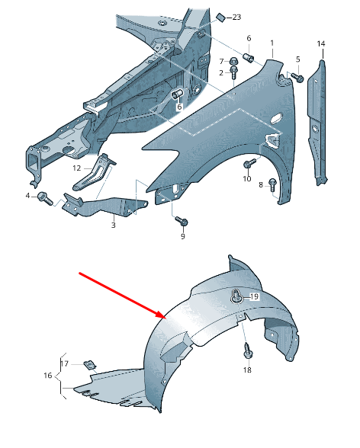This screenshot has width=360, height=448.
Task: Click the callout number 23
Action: click(x=236, y=17)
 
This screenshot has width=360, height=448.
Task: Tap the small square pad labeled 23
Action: click(x=220, y=17)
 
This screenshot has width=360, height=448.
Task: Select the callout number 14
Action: click(x=321, y=43)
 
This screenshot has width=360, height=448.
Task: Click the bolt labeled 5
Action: click(x=297, y=78)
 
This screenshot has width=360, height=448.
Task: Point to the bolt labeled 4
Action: click(x=45, y=198)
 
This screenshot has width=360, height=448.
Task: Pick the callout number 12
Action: click(x=76, y=168)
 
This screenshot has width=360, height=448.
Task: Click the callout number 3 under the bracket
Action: click(x=113, y=225)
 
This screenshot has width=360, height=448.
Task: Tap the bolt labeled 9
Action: click(x=182, y=221)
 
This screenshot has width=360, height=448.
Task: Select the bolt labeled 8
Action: click(x=272, y=185)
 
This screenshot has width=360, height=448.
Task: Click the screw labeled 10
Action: click(x=249, y=164)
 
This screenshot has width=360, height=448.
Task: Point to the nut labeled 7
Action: click(x=233, y=61)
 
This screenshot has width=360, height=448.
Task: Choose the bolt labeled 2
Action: click(x=233, y=73)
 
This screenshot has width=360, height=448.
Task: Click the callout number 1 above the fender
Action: click(x=272, y=43)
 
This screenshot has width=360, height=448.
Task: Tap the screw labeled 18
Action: click(x=247, y=351)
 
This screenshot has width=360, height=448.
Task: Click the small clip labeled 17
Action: click(x=90, y=365)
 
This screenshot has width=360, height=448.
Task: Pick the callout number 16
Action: click(x=48, y=375)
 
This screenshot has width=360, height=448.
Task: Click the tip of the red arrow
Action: click(x=166, y=318)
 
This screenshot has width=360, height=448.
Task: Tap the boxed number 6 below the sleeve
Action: click(x=179, y=107)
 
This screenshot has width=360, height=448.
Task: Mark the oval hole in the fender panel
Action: click(x=275, y=119)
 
